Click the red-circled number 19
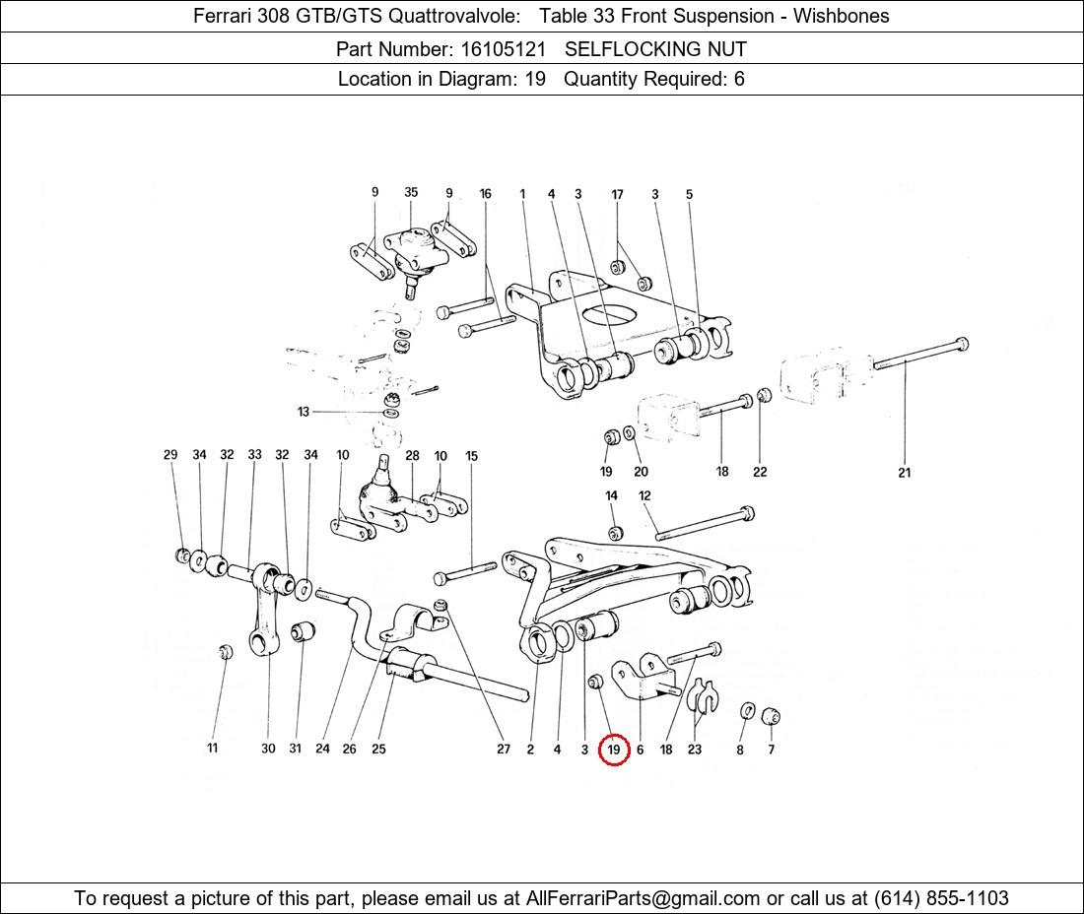click(x=613, y=750)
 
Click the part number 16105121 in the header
click(x=504, y=49)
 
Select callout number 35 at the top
click(x=411, y=192)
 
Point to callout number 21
click(x=905, y=473)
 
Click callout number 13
click(x=303, y=412)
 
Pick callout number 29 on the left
click(x=170, y=455)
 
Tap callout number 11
click(x=212, y=748)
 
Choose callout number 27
click(x=504, y=749)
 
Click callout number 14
click(x=611, y=495)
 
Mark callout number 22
click(x=760, y=472)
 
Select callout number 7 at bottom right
click(x=771, y=749)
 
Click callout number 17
click(x=617, y=195)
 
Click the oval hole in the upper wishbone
click(x=609, y=316)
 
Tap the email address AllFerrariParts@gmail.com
click(x=643, y=898)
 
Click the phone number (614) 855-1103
click(x=941, y=898)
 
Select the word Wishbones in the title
click(x=842, y=16)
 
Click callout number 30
click(x=268, y=749)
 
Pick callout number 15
click(x=471, y=456)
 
